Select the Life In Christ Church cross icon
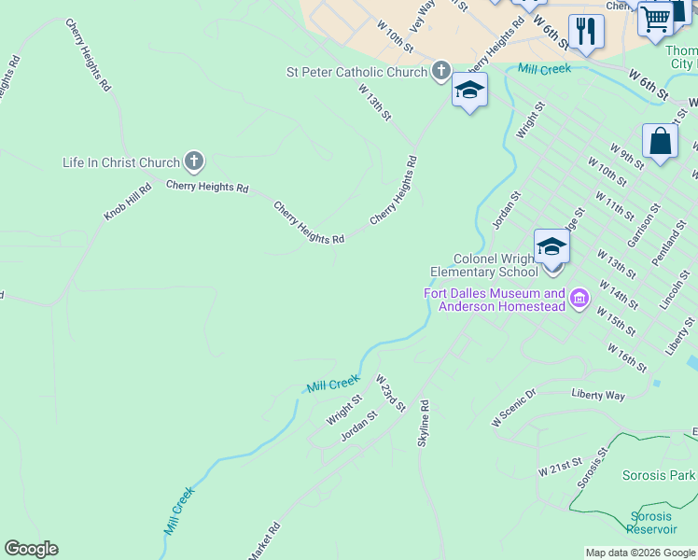pos(193,161)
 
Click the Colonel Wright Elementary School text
pos(485,265)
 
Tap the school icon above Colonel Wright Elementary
pos(551,247)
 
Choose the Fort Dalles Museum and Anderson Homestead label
pos(495,300)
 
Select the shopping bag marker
pos(660,142)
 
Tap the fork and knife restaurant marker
pos(586,33)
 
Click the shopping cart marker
pos(656,19)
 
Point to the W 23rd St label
pos(391,393)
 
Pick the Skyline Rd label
pos(424,423)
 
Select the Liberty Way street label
pos(598,395)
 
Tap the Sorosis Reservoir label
pos(651,523)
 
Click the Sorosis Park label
pos(659,475)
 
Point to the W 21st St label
pos(560,467)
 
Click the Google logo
pos(31,549)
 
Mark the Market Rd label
pos(264,541)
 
